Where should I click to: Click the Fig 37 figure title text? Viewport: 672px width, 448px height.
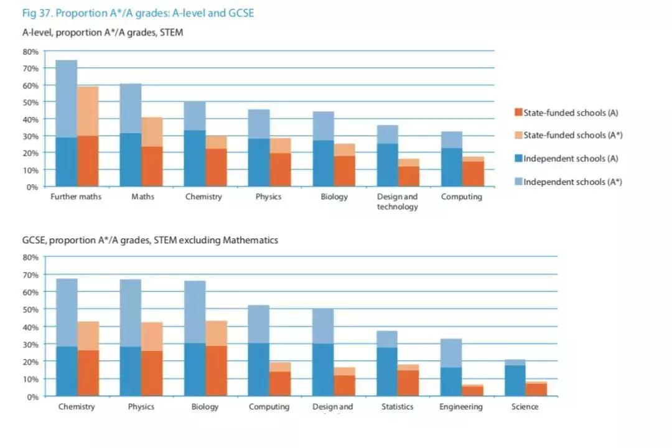tap(138, 13)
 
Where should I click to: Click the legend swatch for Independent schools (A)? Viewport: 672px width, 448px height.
tap(518, 159)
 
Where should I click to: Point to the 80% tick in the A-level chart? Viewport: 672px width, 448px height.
tap(31, 51)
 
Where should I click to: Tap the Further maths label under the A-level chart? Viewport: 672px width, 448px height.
tap(75, 197)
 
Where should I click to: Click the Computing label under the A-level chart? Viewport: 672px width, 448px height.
tap(461, 197)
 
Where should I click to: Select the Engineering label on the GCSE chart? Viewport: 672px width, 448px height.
tap(460, 407)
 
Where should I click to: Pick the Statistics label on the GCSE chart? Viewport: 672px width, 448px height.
tap(397, 407)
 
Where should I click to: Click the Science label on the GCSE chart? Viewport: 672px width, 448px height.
tap(525, 407)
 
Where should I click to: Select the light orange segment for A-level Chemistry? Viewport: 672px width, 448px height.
tap(217, 142)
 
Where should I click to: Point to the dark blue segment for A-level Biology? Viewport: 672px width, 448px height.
tap(323, 163)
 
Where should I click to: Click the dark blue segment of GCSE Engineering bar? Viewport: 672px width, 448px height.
tap(451, 381)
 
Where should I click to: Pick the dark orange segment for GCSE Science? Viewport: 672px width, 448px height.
tap(536, 389)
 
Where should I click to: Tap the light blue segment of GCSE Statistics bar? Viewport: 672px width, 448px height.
tap(386, 339)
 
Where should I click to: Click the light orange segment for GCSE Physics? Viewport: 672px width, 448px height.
tap(152, 337)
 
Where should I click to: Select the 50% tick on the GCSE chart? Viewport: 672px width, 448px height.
tap(31, 309)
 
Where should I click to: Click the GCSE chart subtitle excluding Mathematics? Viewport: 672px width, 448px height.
tap(150, 240)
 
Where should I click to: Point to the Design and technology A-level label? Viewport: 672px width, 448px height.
tap(397, 202)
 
